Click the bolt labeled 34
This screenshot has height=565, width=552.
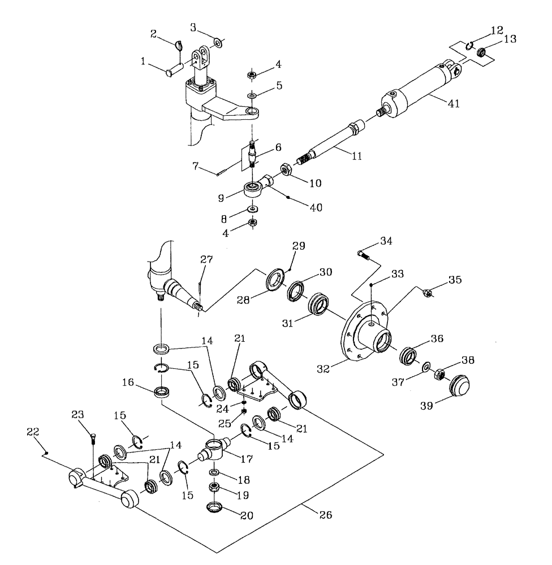click(x=364, y=256)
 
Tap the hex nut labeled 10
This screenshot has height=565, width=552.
click(x=286, y=169)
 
